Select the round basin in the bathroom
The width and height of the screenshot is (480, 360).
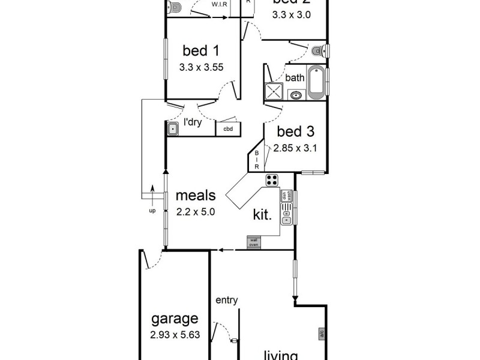[x=296, y=95]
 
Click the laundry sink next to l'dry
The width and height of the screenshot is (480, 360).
[x=173, y=128]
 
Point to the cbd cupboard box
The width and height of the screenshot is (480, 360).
[x=228, y=128]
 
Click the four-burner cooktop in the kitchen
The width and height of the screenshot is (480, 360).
[x=272, y=179]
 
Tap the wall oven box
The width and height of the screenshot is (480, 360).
[x=253, y=242]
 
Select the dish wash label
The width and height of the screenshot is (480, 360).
[x=289, y=196]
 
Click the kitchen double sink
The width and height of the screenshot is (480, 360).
[x=287, y=213]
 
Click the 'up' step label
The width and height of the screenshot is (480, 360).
[x=152, y=211]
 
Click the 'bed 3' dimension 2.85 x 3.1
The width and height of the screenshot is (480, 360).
[x=294, y=147]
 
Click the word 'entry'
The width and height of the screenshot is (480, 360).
[x=226, y=300]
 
